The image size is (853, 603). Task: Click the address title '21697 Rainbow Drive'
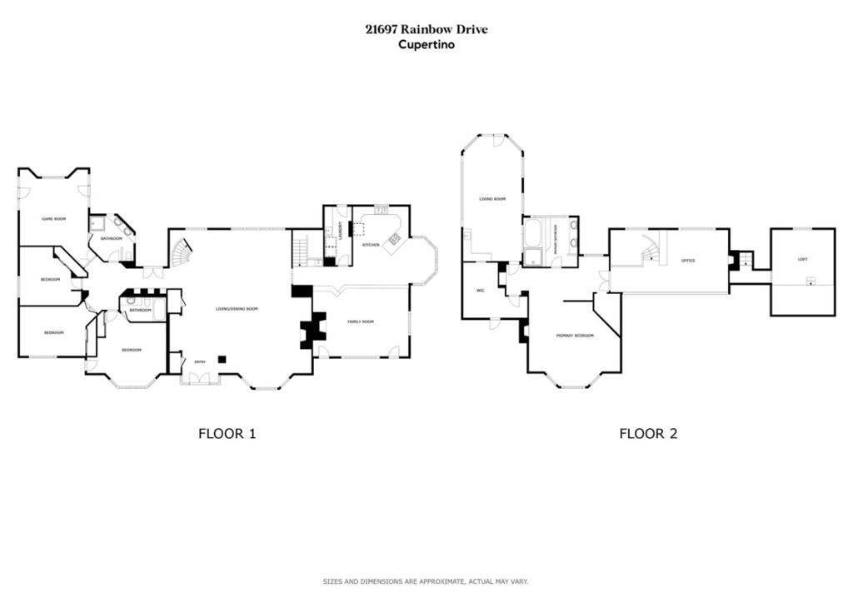point(426,29)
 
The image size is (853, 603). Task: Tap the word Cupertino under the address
point(426,45)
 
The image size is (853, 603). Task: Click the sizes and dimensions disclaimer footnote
point(426,581)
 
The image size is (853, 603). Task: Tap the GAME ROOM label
point(54,218)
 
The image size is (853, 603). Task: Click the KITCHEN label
point(371,245)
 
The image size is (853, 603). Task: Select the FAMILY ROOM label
point(361,321)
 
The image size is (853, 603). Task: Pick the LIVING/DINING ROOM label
point(237,309)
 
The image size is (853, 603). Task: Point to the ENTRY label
point(200,361)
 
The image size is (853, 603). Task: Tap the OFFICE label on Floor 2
point(688,261)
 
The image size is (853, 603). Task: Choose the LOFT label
point(802,259)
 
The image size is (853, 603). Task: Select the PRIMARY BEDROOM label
point(575,335)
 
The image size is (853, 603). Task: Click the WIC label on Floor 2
point(481,291)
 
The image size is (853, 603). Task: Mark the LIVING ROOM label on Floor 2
point(491,199)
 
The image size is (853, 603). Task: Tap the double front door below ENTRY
point(200,379)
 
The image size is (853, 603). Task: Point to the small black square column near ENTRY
point(222,359)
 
